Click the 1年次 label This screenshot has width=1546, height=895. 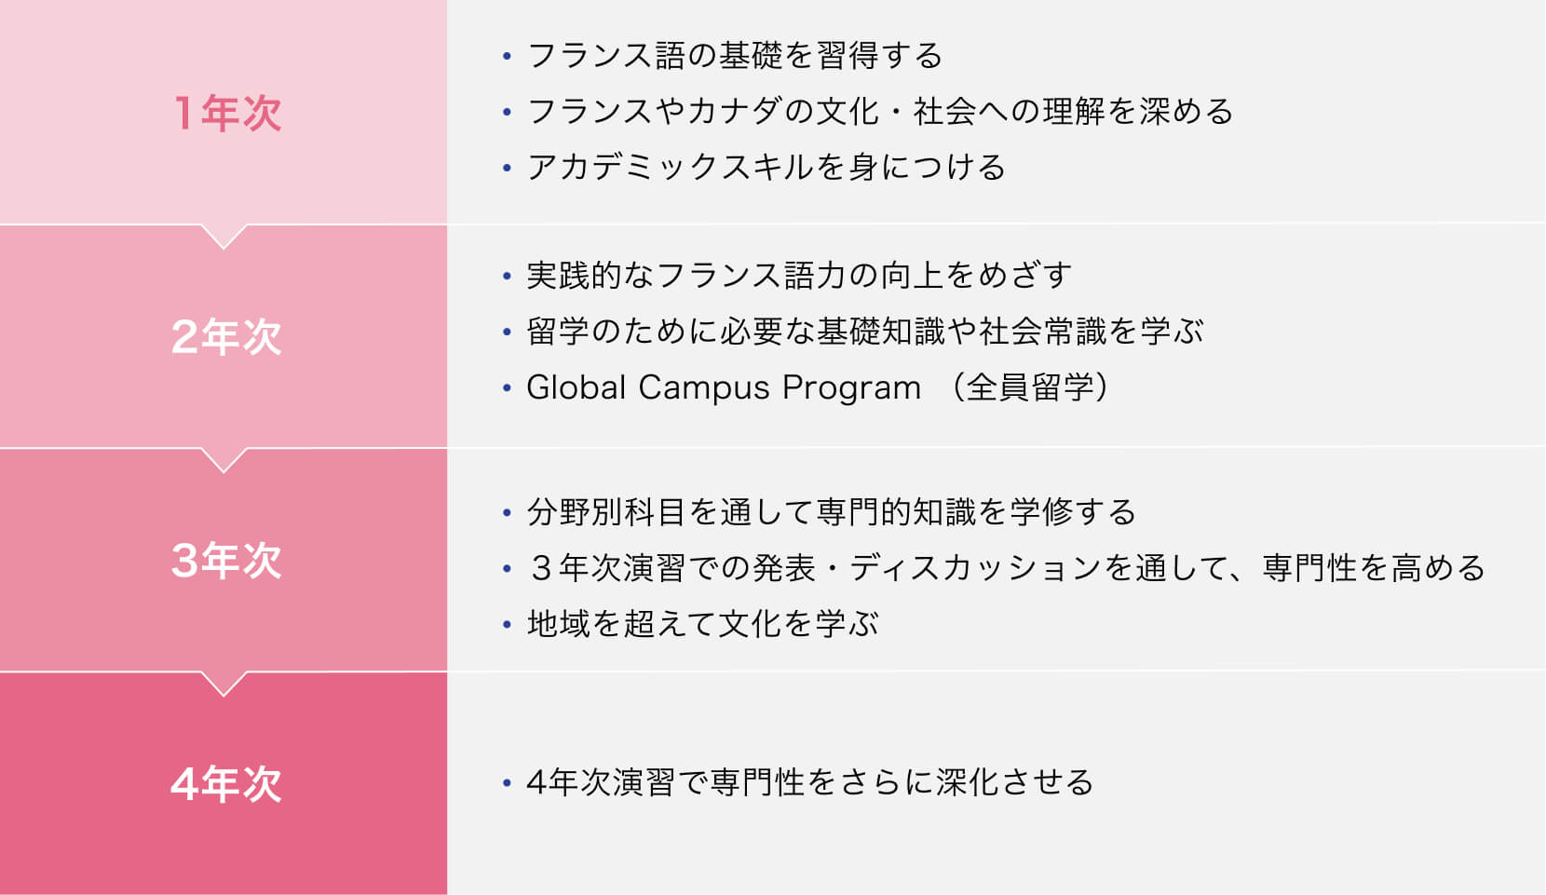(x=227, y=113)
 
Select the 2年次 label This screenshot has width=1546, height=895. (x=226, y=337)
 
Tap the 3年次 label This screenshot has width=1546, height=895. (x=226, y=560)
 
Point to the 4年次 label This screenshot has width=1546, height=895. (x=226, y=784)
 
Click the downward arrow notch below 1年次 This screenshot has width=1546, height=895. (x=224, y=236)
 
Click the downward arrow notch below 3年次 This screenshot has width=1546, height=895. (x=224, y=684)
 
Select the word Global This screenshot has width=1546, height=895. (x=576, y=387)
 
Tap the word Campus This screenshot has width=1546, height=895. (x=703, y=388)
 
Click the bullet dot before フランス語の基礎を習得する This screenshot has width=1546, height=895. (x=508, y=55)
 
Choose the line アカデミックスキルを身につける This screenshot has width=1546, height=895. (x=766, y=168)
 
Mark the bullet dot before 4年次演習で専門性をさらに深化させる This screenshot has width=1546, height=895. (x=508, y=782)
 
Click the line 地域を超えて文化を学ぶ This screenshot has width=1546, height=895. (x=702, y=624)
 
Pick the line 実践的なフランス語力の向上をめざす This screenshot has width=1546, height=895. (x=799, y=276)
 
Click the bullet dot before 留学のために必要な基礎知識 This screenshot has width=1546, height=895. (x=508, y=332)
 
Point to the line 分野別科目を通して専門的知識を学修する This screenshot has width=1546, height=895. (x=831, y=512)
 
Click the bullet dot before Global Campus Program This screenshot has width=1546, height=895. (x=508, y=387)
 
